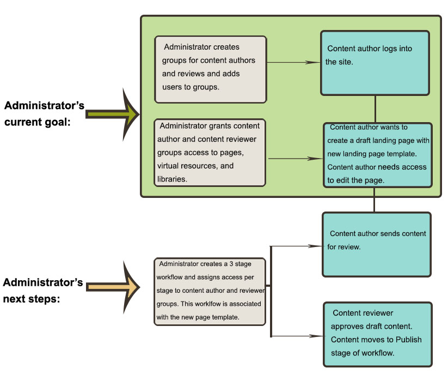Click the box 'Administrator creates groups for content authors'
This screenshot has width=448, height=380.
[210, 69]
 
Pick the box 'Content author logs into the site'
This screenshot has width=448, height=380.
[375, 63]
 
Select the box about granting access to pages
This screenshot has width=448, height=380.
[210, 153]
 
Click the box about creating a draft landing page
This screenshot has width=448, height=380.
[378, 155]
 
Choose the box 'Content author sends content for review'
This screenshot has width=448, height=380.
[377, 244]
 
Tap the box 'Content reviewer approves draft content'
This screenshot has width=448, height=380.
[378, 333]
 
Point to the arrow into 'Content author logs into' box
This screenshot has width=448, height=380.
[294, 62]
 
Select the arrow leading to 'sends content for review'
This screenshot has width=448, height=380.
[297, 246]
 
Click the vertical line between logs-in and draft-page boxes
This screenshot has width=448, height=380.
[375, 109]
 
